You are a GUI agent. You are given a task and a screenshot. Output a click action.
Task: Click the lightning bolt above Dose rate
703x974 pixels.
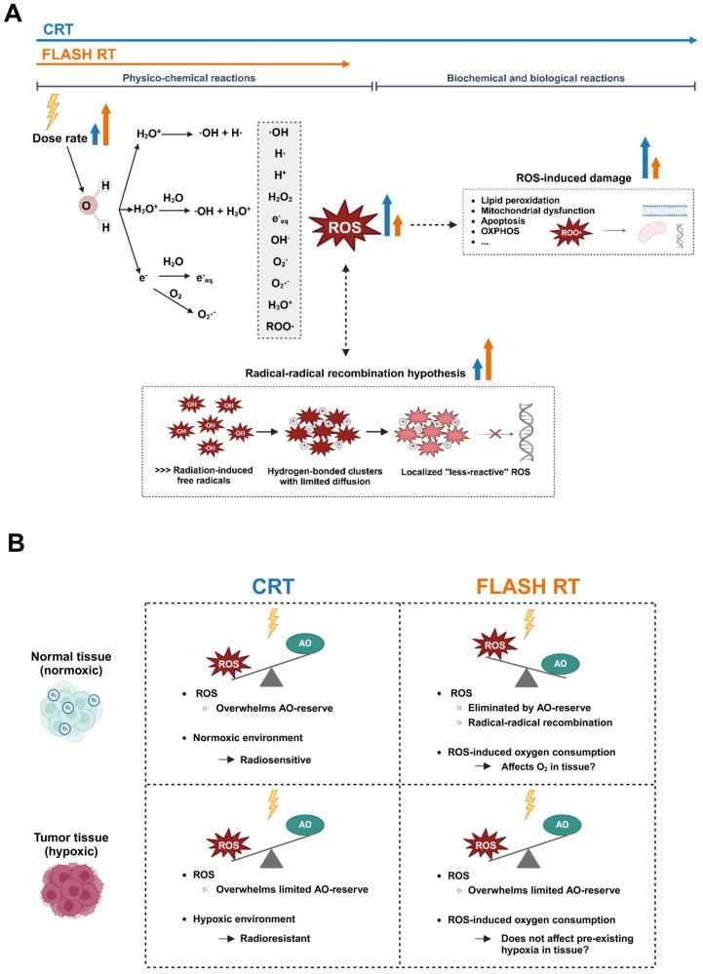coord(52,107)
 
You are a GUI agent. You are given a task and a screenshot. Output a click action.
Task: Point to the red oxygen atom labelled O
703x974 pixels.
coord(86,206)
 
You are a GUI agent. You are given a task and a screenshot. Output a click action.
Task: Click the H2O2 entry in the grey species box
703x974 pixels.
coord(281,195)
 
